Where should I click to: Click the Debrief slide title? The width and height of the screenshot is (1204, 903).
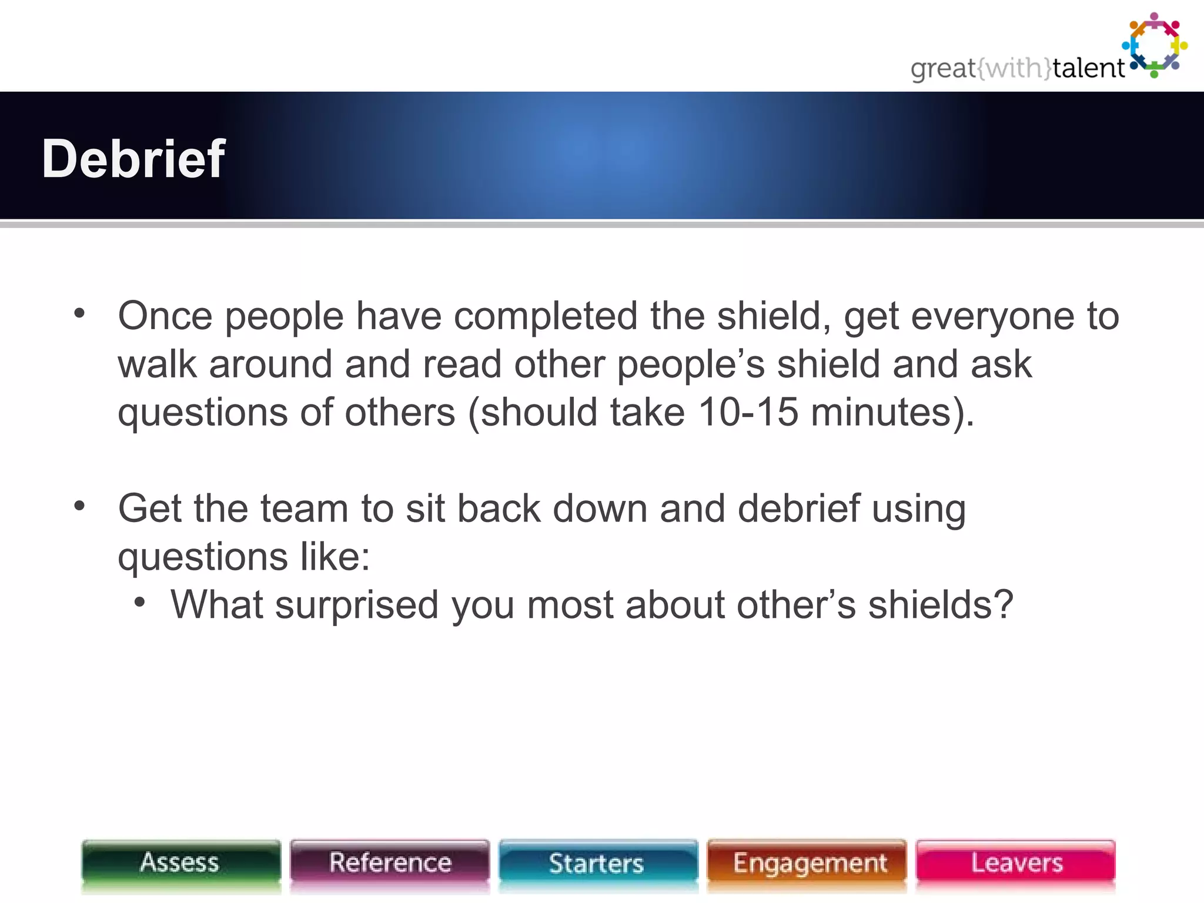pos(133,159)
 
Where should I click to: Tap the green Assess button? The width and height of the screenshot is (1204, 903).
pos(180,863)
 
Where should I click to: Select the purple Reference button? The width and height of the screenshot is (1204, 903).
pos(390,863)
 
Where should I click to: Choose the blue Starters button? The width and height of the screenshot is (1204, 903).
pos(597,863)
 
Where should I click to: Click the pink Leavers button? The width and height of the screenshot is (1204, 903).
pos(1016,863)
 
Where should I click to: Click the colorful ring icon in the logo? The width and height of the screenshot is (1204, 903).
pos(1155,45)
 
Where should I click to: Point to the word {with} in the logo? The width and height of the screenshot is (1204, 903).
pos(1014,68)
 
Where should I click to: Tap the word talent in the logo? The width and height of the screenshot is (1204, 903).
pos(1088,68)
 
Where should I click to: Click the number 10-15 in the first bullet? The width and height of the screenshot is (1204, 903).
pos(748,412)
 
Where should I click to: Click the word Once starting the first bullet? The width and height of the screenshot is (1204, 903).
pos(165,316)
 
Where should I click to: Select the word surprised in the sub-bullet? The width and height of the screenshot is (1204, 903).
pos(357,606)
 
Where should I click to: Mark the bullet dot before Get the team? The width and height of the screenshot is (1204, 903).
pos(80,506)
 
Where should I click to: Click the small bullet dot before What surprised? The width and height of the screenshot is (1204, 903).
pos(139,602)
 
